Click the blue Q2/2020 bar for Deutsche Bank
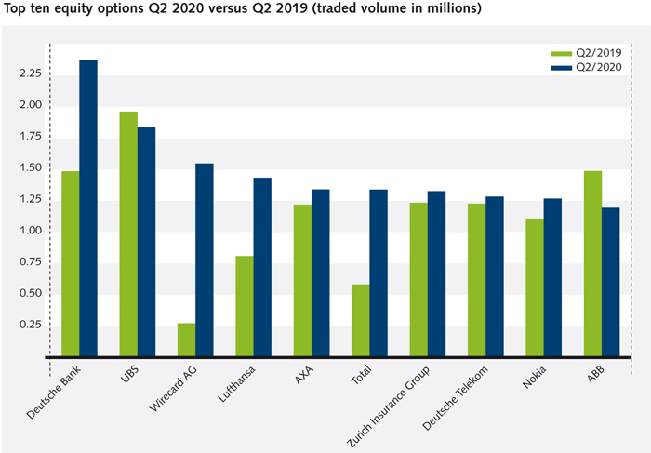pos(88,208)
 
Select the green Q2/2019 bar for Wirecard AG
pos(186,340)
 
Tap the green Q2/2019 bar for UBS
pos(128,233)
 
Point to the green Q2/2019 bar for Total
pos(360,320)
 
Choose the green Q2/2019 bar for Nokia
pos(534,287)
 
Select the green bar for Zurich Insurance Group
pos(418,279)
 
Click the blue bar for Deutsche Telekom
pos(495,276)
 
